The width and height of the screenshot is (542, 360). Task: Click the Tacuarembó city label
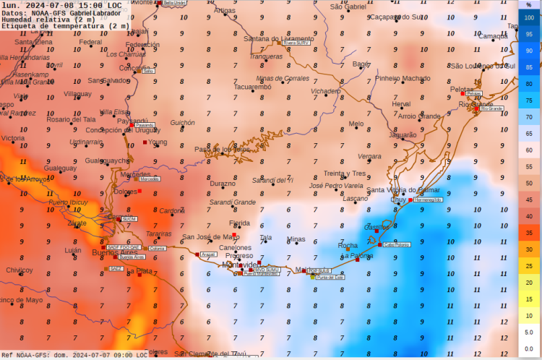(x=252, y=87)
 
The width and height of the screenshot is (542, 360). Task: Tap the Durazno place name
(x=223, y=184)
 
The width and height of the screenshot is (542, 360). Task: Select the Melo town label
(x=356, y=124)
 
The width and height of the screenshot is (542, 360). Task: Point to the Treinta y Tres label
(x=344, y=173)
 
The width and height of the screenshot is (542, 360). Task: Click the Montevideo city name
(x=241, y=265)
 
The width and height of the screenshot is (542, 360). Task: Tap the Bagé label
(x=360, y=64)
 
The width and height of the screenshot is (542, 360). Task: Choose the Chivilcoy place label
(x=20, y=270)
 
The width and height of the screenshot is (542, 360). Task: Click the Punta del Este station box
(x=330, y=277)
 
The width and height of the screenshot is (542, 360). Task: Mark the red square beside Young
(x=145, y=142)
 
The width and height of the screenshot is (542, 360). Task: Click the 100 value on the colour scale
(x=529, y=17)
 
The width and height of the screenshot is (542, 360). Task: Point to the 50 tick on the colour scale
(x=529, y=184)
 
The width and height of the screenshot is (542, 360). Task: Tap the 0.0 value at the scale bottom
(x=529, y=348)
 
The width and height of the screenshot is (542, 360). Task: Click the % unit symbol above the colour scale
(x=529, y=4)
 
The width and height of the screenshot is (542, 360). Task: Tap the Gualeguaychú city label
(x=107, y=160)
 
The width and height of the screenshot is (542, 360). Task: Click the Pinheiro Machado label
(x=403, y=78)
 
